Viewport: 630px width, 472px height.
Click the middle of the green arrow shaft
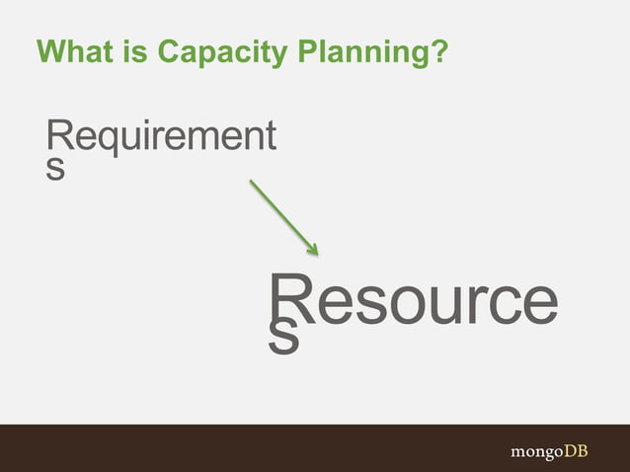coord(283,216)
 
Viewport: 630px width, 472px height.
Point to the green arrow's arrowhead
coord(312,249)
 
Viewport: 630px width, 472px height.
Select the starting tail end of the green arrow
coord(251,181)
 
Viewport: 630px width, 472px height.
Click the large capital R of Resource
coord(288,300)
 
